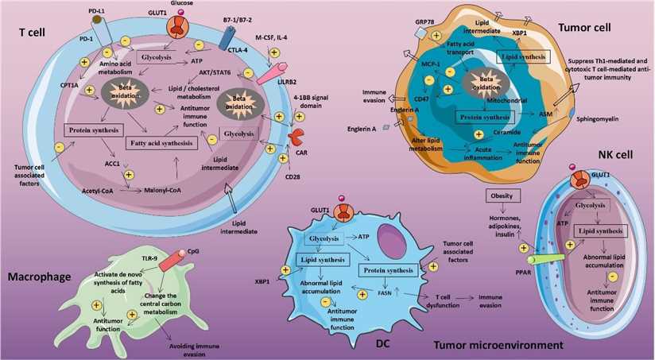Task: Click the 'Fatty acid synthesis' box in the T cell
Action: [x=162, y=144]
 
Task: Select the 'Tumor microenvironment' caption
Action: [x=500, y=345]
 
